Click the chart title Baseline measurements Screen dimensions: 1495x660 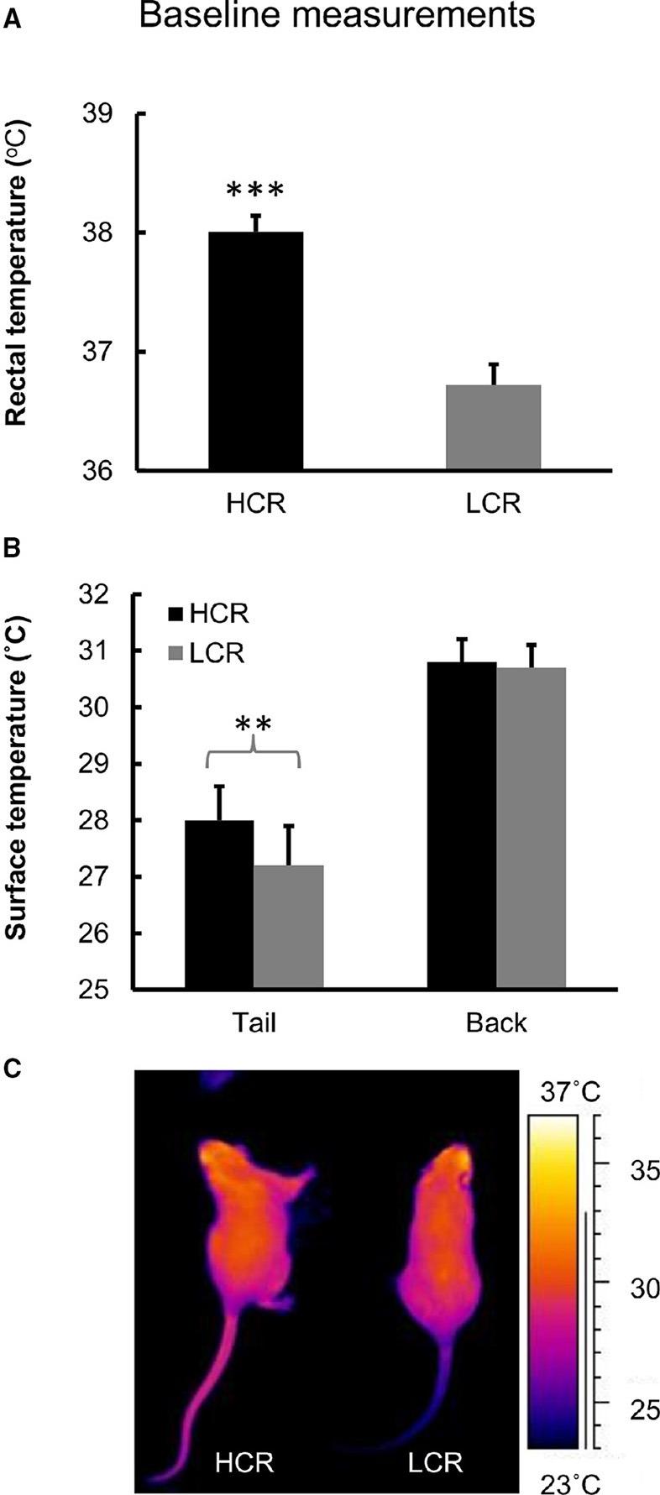[x=336, y=17]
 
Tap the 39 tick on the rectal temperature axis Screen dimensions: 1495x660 [x=102, y=113]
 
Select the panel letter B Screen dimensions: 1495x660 [x=13, y=549]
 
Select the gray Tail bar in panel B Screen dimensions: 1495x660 [x=289, y=927]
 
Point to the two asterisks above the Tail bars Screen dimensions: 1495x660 [x=252, y=724]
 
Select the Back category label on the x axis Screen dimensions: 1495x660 [x=496, y=1022]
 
